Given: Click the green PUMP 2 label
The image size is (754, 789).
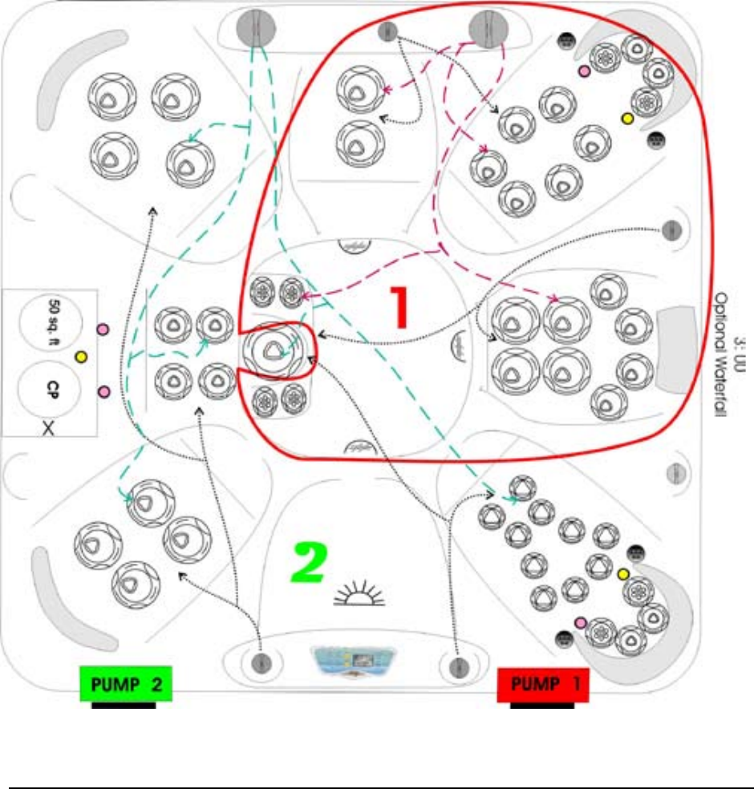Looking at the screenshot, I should pyautogui.click(x=125, y=686).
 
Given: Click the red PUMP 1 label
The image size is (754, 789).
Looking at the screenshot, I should pyautogui.click(x=543, y=686).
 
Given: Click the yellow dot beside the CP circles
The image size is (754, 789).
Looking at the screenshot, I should pyautogui.click(x=80, y=355).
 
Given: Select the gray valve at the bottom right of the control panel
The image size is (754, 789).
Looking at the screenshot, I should pyautogui.click(x=458, y=666).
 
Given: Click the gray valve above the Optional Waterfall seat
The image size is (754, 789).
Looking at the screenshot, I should pyautogui.click(x=672, y=230).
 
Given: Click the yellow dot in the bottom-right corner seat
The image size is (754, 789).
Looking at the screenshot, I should pyautogui.click(x=622, y=574).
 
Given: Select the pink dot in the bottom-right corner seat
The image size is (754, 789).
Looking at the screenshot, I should pyautogui.click(x=580, y=622).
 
